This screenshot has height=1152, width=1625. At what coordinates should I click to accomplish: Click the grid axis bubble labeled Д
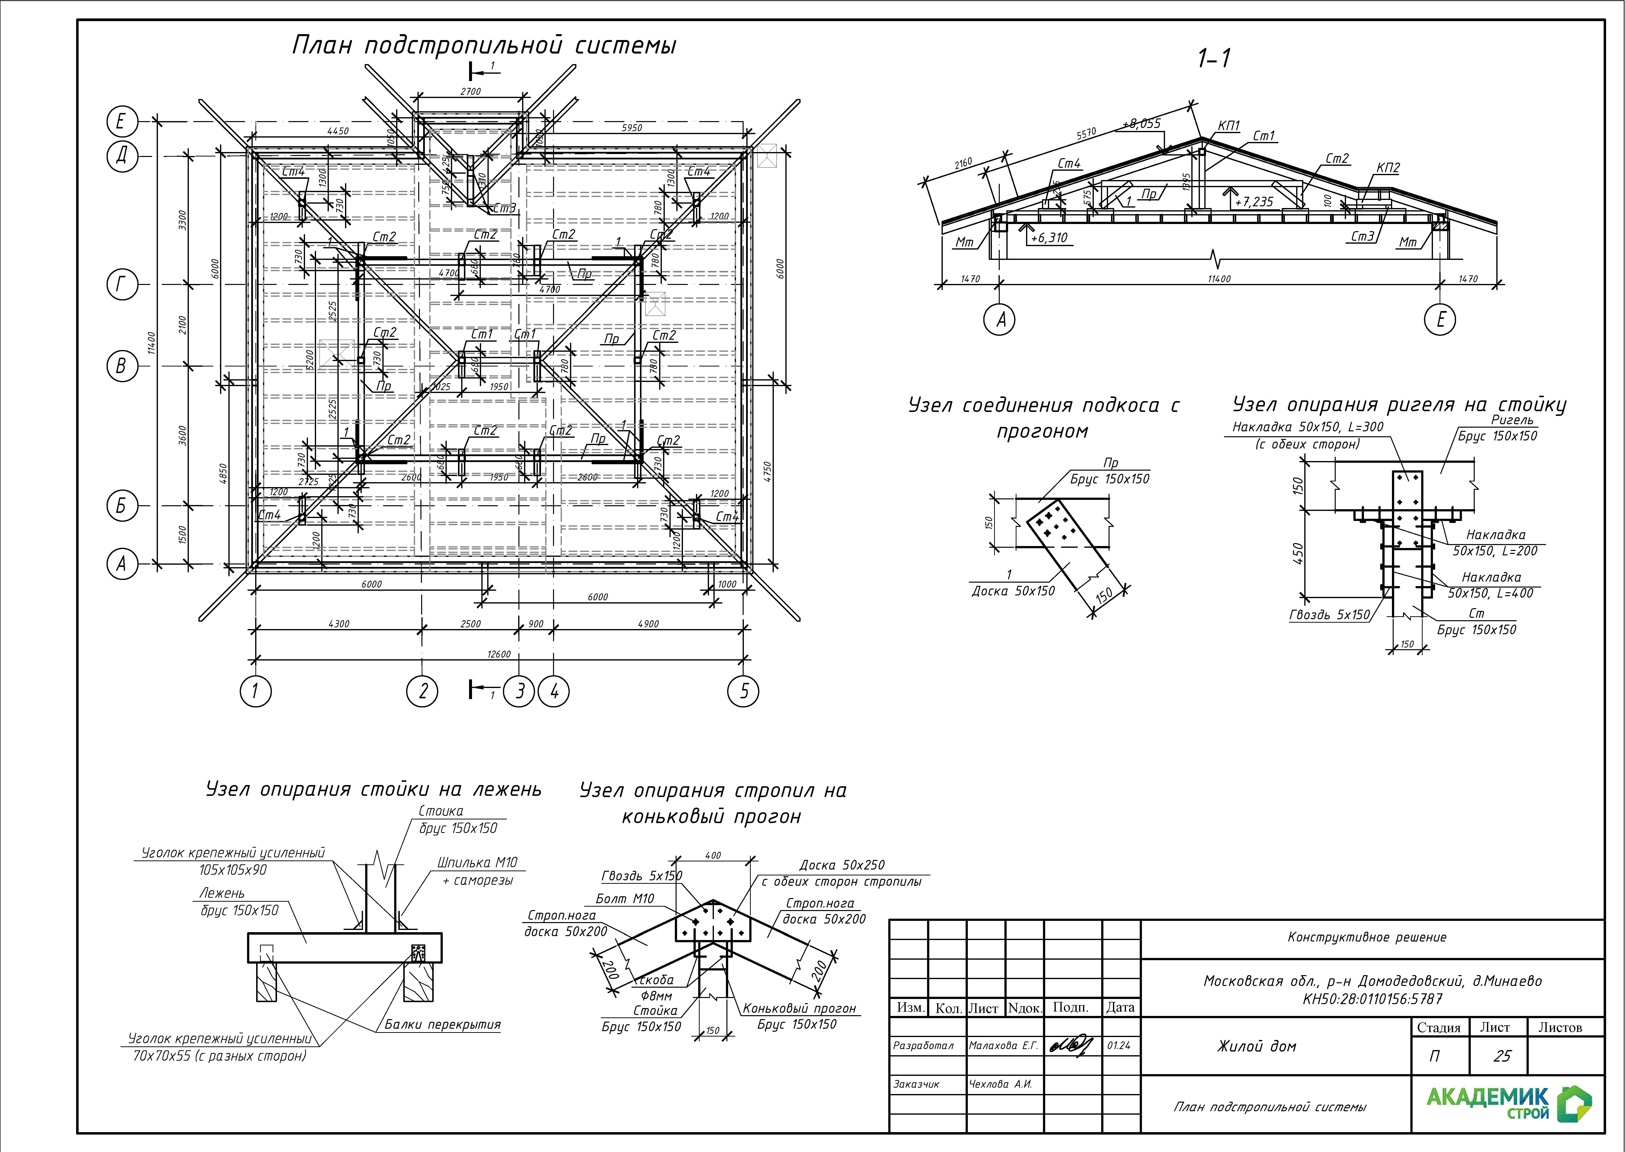pos(121,155)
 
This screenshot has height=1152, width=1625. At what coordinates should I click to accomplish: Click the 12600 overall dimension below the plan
pos(499,654)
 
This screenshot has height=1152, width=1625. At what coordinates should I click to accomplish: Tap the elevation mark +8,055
pos(1142,124)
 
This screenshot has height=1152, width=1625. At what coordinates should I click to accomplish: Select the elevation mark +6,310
pos(1048,238)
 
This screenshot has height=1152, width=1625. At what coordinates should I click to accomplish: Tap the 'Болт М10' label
pos(624,899)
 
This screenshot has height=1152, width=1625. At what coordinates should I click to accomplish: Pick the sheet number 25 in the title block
pos(1501,1056)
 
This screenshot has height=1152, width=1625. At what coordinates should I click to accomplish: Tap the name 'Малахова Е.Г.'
pos(1003,1046)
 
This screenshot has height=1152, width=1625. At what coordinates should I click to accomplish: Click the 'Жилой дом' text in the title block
pos(1256,1046)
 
